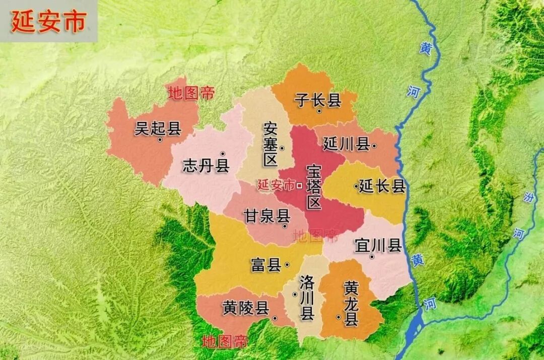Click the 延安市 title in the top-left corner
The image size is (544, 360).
[x=47, y=21]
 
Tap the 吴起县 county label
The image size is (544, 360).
[x=158, y=129]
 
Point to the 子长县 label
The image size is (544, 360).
[x=318, y=101]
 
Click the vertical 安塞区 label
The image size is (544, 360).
[x=270, y=144]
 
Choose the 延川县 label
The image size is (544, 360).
[x=346, y=145]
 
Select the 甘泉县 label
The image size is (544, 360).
[x=267, y=217]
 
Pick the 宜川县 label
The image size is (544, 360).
[x=378, y=246]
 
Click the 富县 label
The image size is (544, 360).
[x=266, y=265]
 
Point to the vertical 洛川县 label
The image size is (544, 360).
[x=307, y=298]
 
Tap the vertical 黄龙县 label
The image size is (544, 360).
[x=351, y=304]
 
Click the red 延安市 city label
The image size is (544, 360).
[x=276, y=185]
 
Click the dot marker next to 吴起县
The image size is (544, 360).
[x=160, y=140]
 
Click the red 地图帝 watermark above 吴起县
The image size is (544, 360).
[x=191, y=93]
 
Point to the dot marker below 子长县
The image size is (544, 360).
[x=319, y=111]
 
